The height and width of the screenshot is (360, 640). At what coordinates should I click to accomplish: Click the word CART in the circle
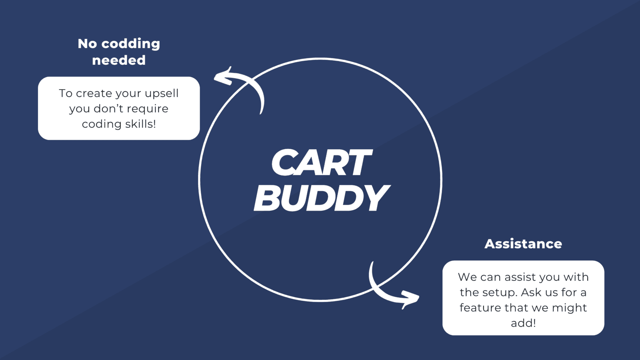[x=322, y=162]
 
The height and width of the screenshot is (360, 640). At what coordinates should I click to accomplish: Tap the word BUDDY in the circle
[x=322, y=198]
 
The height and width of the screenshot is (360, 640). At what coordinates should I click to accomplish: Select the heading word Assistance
[x=523, y=244]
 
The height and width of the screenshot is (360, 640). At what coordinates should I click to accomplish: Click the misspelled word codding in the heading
[x=130, y=44]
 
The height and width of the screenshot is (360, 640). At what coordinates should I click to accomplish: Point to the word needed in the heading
[x=119, y=60]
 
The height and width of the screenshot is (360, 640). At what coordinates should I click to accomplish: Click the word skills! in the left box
[x=140, y=124]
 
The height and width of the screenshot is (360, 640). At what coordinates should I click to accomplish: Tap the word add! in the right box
[x=523, y=323]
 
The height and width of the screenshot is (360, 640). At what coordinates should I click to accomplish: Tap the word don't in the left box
[x=108, y=108]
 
